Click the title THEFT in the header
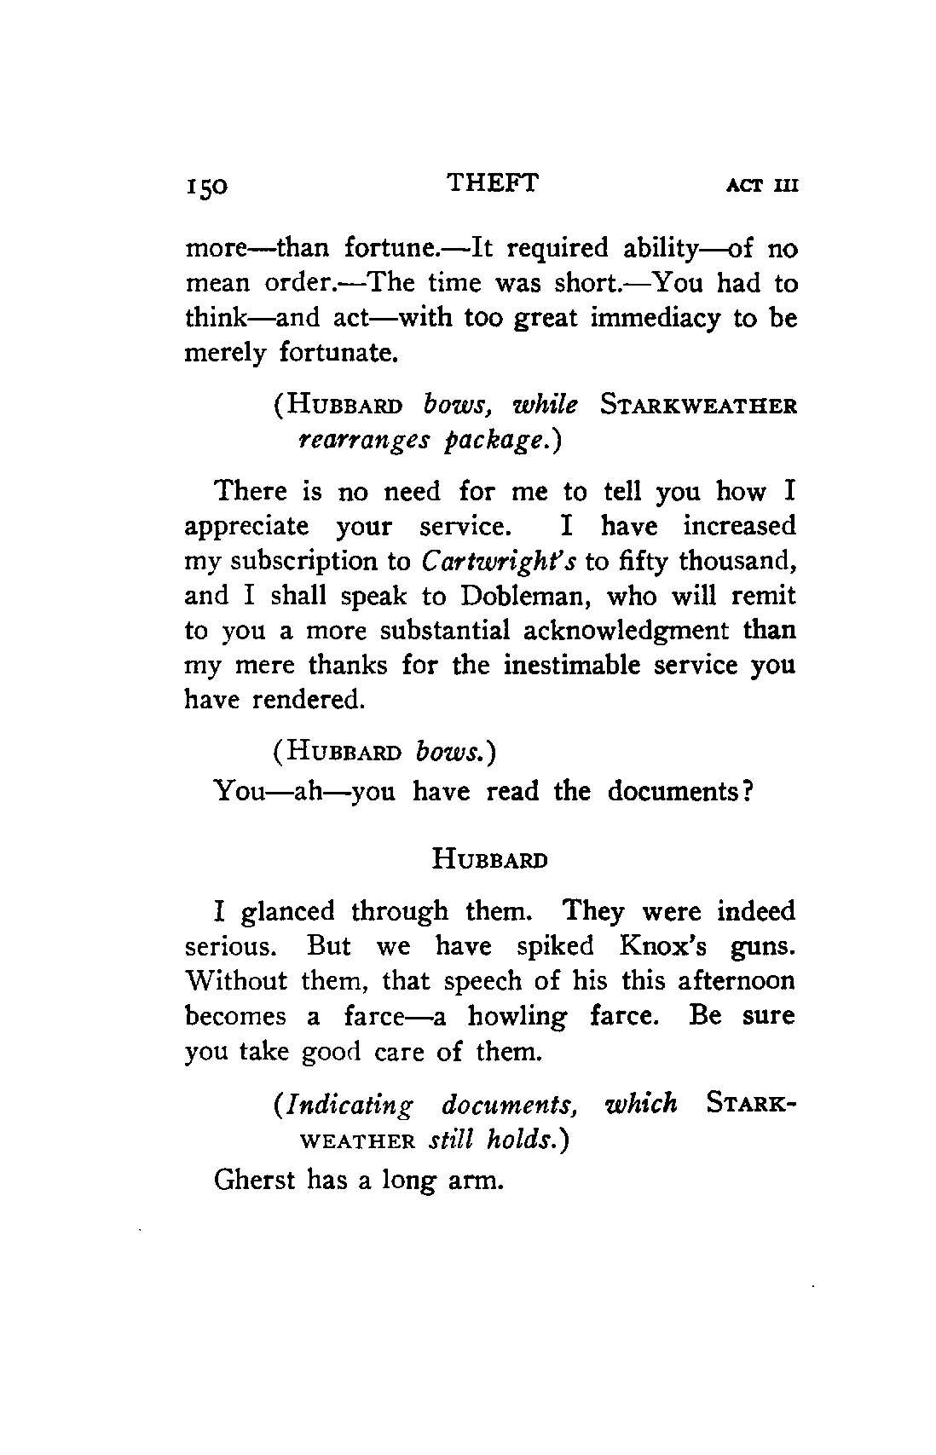point(492,182)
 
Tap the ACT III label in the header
point(761,186)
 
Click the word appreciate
point(246,526)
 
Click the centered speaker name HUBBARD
point(489,858)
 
